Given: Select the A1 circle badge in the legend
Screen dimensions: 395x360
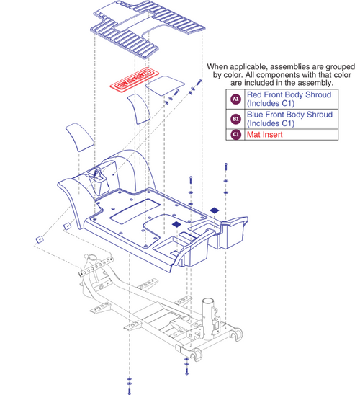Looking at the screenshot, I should (x=235, y=99).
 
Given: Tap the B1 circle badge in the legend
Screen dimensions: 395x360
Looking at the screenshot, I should (x=235, y=118).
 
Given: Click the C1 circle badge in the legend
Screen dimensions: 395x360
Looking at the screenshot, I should (x=235, y=133).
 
